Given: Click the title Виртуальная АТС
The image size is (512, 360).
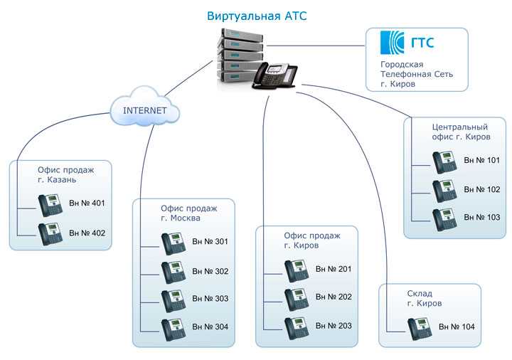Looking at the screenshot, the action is tap(257, 16).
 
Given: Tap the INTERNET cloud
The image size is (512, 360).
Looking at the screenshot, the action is tap(144, 107).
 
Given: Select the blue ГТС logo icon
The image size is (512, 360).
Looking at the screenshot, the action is tap(392, 43).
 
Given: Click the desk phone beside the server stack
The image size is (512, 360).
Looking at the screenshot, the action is tap(274, 76).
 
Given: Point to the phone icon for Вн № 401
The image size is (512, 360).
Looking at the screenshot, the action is tap(50, 205).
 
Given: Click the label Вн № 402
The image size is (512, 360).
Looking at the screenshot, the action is tap(87, 233).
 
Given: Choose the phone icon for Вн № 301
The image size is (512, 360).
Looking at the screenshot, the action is tap(174, 244).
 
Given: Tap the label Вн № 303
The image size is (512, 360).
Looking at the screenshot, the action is tap(210, 299).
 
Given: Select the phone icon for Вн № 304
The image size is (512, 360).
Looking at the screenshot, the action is tap(174, 329).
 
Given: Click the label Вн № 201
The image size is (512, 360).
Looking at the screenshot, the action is tap(334, 269).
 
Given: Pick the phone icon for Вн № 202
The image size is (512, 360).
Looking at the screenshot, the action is tap(297, 300).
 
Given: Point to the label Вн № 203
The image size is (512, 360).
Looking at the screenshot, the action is tap(334, 326).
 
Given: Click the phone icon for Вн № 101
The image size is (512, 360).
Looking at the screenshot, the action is tap(444, 162).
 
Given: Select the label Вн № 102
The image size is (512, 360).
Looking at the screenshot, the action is tap(482, 189).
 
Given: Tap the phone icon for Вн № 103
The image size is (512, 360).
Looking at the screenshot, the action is tap(444, 220).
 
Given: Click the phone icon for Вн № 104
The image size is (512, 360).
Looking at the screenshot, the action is tap(420, 329).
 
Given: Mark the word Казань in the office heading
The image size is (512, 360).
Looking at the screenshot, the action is tap(62, 180).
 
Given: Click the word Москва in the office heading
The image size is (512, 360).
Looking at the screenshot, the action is tap(185, 218).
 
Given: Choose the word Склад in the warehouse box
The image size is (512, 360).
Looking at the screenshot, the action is tap(420, 294).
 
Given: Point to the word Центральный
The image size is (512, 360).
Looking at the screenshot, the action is tap(460, 127).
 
